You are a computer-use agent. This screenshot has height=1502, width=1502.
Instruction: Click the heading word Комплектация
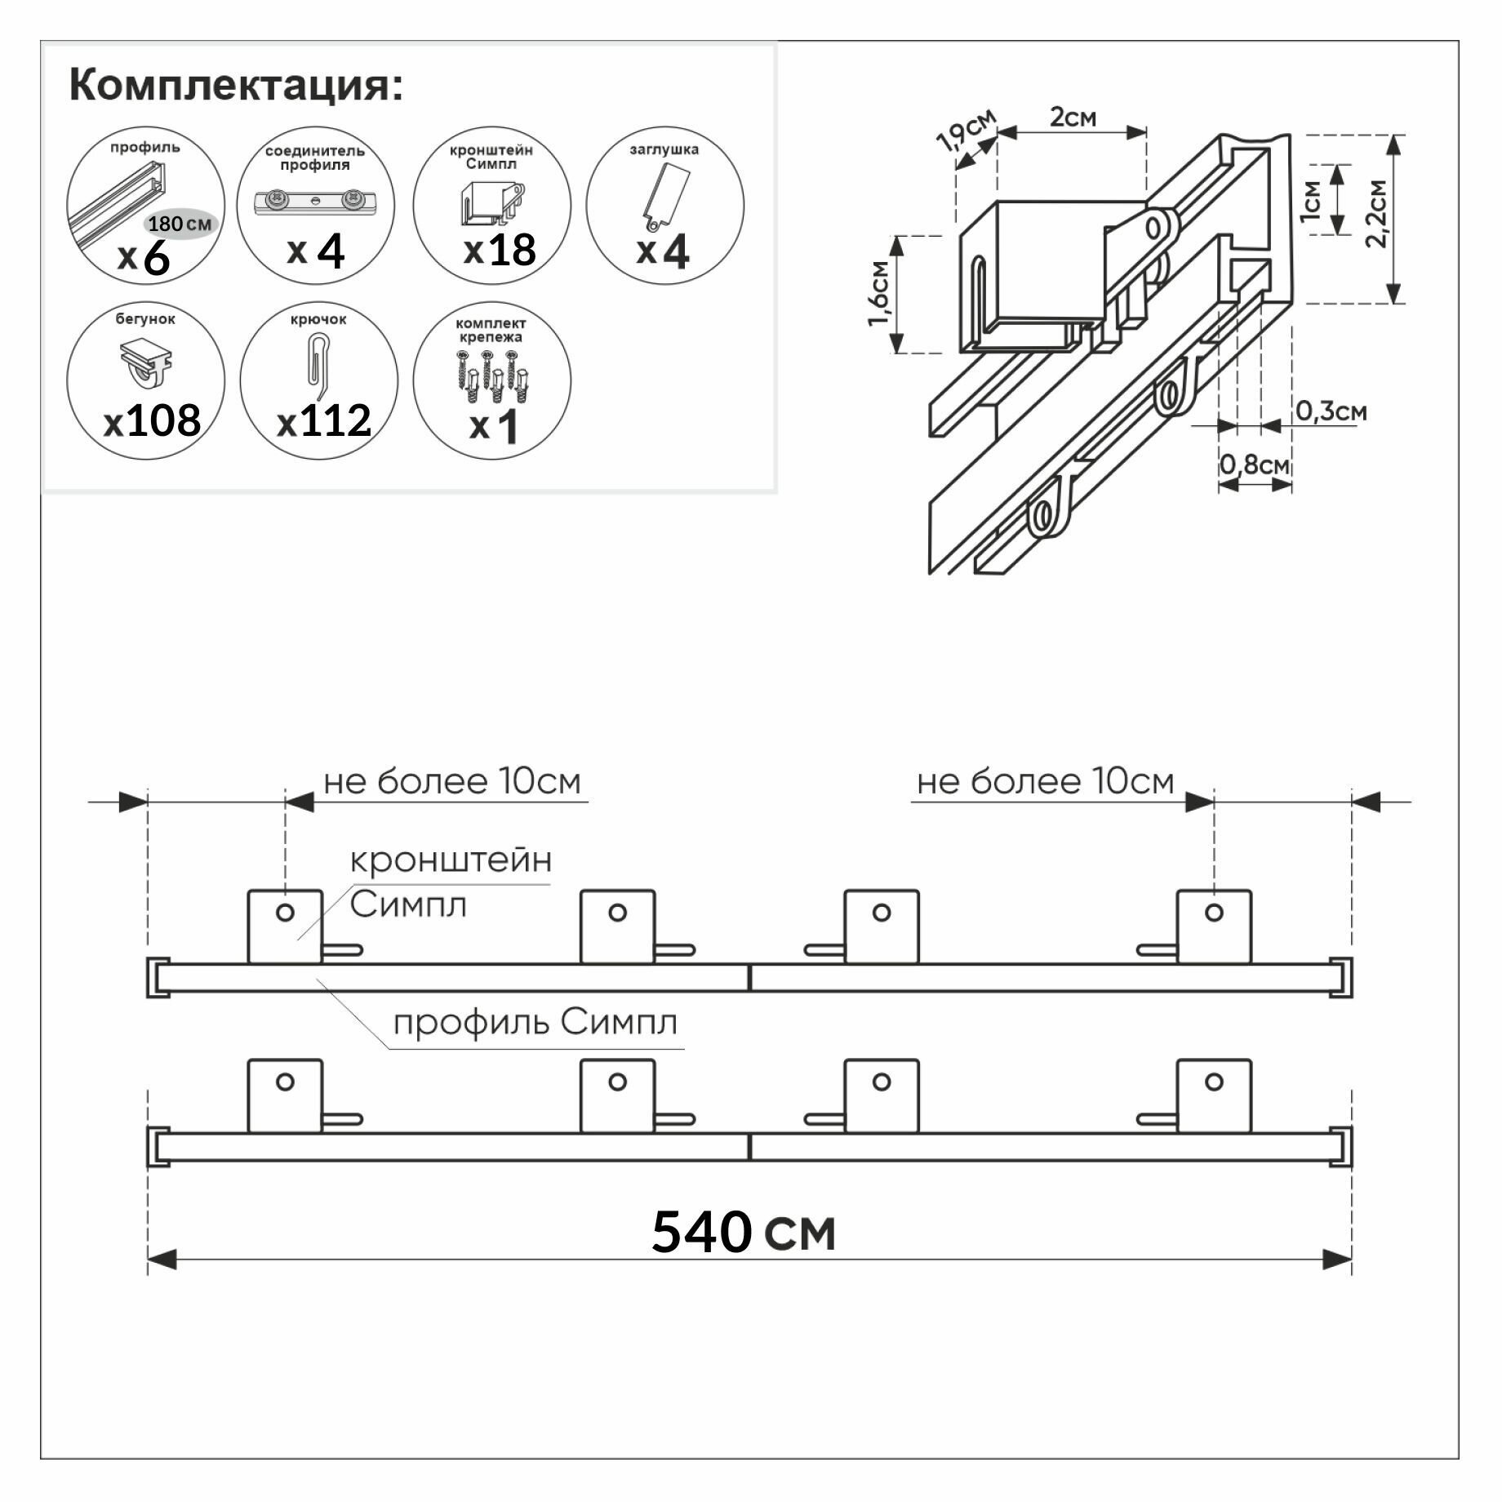[x=236, y=85]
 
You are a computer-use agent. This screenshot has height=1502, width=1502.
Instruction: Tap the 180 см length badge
[x=180, y=224]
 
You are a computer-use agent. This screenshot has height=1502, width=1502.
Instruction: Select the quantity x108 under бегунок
[x=153, y=421]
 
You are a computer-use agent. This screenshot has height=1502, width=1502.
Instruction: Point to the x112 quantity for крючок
[x=324, y=421]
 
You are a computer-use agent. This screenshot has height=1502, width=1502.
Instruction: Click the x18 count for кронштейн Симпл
[x=500, y=250]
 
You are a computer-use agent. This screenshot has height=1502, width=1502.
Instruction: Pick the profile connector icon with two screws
[x=315, y=201]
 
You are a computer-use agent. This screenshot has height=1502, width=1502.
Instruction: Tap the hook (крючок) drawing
[x=317, y=362]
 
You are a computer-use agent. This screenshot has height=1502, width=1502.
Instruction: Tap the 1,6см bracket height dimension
[x=878, y=294]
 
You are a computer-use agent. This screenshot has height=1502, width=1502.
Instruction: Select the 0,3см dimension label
[x=1331, y=411]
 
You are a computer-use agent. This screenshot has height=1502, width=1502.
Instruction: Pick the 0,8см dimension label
[x=1255, y=465]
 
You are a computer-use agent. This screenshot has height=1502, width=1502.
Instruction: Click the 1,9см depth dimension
[x=967, y=131]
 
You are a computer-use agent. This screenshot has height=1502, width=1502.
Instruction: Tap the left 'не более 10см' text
[x=451, y=782]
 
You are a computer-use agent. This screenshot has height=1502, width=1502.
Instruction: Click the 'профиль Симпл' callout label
[x=535, y=1022]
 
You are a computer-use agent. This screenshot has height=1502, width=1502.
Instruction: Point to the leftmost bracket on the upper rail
[x=285, y=927]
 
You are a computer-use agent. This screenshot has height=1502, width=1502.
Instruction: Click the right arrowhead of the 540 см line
[x=1337, y=1260]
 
